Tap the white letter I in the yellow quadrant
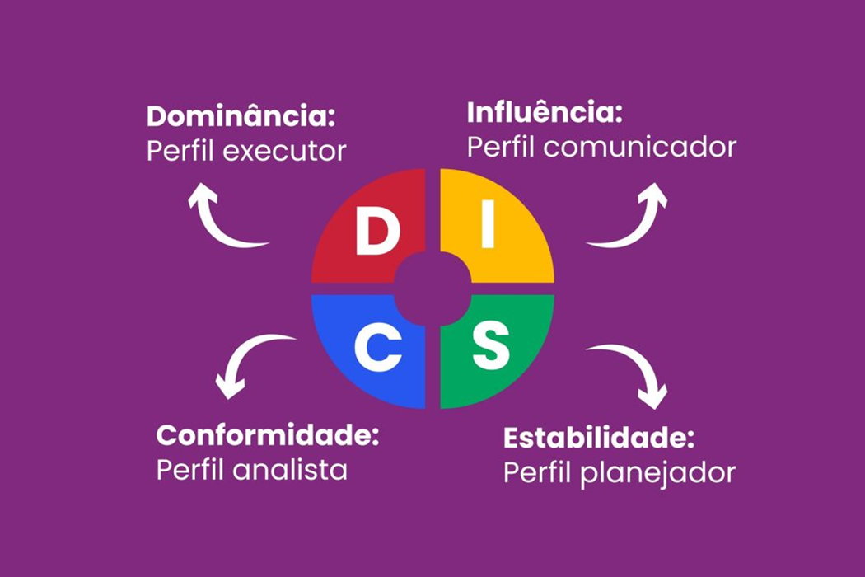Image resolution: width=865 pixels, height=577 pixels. [x=487, y=226]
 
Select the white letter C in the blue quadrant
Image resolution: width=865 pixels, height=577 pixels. [x=378, y=348]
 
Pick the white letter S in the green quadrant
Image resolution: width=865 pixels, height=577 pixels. [x=489, y=347]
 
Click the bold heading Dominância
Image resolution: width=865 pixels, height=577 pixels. [x=241, y=117]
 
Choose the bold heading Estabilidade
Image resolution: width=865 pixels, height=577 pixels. [x=599, y=437]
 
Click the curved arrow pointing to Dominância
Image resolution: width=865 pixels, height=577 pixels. [x=221, y=218]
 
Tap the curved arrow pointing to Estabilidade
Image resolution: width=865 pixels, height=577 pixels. [x=634, y=370]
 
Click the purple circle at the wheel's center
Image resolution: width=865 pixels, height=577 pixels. [x=432, y=288]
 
